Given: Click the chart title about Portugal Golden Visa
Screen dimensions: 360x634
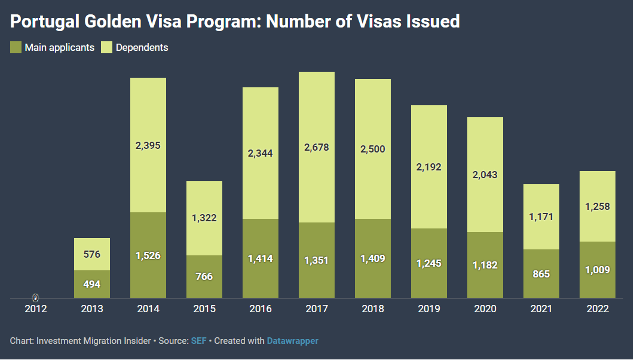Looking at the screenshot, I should (235, 22).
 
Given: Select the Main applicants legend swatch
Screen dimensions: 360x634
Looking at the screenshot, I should (16, 47).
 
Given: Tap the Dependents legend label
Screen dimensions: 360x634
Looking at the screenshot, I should (142, 47).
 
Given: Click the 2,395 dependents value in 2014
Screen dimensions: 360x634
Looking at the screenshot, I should (148, 145).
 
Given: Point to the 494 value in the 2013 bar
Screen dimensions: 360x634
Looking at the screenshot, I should (92, 284).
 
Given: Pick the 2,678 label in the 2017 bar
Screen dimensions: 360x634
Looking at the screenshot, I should (317, 147).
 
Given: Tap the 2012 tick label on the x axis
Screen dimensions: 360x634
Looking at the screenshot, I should (35, 309).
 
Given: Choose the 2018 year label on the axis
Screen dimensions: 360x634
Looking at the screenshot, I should (373, 309).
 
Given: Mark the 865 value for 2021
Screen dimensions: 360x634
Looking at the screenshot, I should (541, 274).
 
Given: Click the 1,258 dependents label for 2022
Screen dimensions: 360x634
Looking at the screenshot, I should (598, 206).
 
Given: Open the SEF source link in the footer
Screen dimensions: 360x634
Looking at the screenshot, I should (198, 341).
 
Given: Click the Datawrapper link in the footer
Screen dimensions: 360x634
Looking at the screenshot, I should (292, 341).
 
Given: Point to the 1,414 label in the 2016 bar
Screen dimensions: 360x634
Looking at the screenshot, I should (261, 259).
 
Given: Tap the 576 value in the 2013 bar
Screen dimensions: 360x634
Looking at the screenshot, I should (92, 254).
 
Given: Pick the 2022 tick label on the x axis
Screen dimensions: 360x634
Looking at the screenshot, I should (598, 309).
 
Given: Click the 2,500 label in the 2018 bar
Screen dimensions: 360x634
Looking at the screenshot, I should (373, 149).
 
